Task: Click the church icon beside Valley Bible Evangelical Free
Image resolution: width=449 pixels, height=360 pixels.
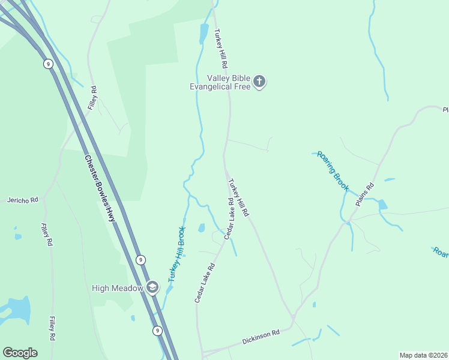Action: (x=259, y=82)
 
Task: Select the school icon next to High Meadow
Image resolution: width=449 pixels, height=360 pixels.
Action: (x=152, y=288)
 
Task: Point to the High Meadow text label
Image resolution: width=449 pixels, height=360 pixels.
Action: (x=118, y=288)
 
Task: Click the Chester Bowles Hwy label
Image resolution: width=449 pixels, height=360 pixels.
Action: (x=100, y=189)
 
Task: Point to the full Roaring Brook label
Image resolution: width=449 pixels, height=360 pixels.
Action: (x=333, y=171)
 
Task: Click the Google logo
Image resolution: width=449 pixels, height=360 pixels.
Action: (x=20, y=353)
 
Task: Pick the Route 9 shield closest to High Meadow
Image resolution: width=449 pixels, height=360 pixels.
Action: (x=140, y=260)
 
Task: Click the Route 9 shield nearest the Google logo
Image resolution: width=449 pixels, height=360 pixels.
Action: (x=157, y=331)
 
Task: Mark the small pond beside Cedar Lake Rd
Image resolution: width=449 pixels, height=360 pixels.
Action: (x=202, y=228)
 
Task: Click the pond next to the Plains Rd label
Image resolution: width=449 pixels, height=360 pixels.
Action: (x=382, y=205)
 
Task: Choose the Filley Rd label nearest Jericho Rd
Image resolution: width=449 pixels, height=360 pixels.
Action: (x=47, y=235)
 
